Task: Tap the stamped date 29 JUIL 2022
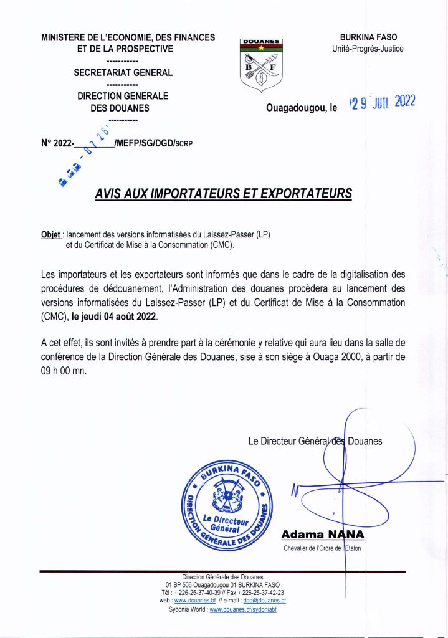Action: (382, 103)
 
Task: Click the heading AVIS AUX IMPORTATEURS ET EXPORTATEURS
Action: (223, 193)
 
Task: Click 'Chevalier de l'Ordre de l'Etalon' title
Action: (322, 548)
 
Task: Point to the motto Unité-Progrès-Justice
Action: (368, 49)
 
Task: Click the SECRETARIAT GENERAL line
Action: (123, 72)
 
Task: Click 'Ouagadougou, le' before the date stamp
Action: (301, 108)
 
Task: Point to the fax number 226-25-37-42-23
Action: (255, 593)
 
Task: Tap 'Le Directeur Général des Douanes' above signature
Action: (315, 441)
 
